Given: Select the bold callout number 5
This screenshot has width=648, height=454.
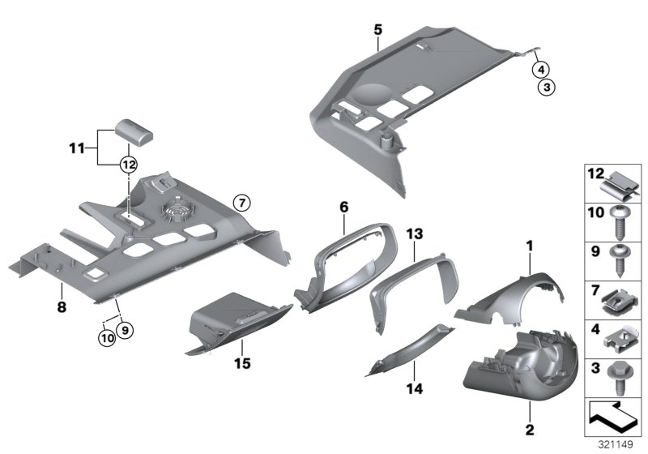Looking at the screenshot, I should pyautogui.click(x=377, y=30).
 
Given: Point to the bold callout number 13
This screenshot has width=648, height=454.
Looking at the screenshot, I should pyautogui.click(x=415, y=234).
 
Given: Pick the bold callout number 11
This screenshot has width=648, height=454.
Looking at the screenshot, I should pyautogui.click(x=76, y=149).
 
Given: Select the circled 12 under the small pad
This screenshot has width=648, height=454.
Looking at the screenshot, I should pyautogui.click(x=128, y=164).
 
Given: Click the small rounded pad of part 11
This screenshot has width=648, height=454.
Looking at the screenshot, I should pyautogui.click(x=130, y=129).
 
